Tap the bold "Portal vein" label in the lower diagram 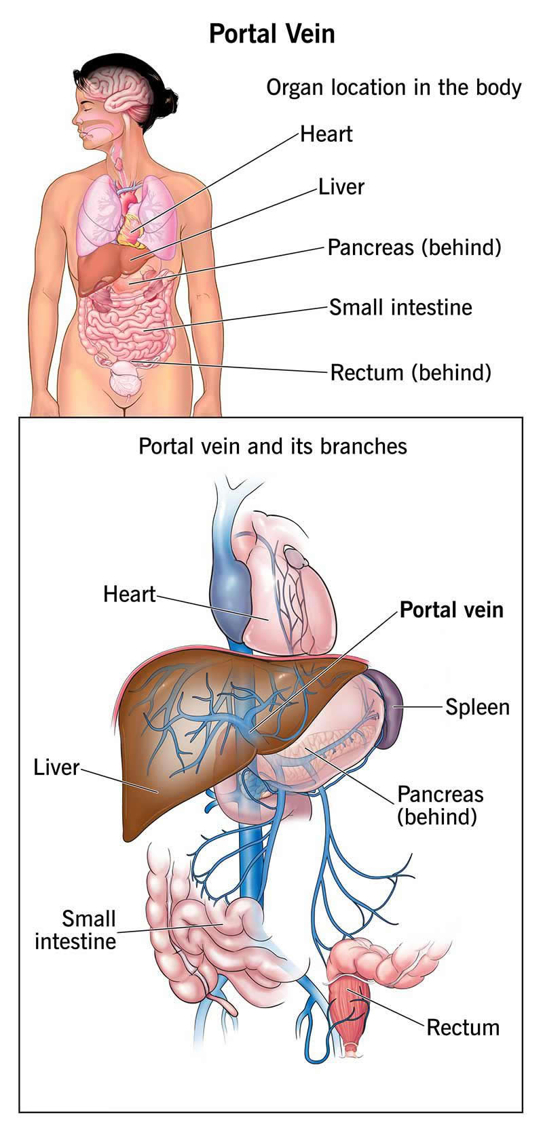[x=451, y=610]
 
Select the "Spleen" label [x=477, y=707]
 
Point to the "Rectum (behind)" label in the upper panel [x=410, y=372]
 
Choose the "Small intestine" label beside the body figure [x=400, y=307]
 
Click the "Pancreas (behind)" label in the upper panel [x=414, y=247]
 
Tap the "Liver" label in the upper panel [x=341, y=187]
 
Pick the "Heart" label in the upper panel [x=326, y=134]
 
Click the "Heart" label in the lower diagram [x=129, y=595]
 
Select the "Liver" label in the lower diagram [x=56, y=768]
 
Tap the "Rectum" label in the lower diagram [x=462, y=1027]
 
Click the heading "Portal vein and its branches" [x=273, y=447]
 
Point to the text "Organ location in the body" [x=394, y=87]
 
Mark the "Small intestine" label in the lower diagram [x=75, y=930]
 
